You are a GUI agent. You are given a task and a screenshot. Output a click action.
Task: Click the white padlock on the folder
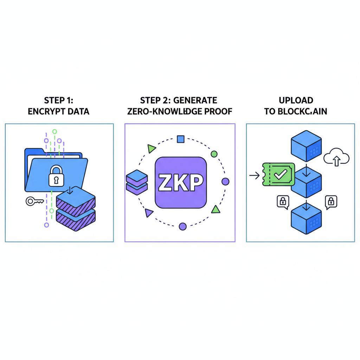(56, 176)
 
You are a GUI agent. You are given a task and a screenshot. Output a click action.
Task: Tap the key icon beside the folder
(34, 201)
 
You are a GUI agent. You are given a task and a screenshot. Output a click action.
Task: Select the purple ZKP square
(181, 182)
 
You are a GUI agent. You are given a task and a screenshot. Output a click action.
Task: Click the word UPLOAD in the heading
(296, 101)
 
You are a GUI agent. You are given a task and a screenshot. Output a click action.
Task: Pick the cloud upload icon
(336, 157)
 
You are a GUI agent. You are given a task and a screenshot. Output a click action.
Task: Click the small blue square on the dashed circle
(181, 139)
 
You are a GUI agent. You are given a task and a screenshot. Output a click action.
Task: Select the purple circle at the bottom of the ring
(182, 226)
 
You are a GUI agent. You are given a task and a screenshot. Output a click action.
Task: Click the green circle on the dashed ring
(214, 154)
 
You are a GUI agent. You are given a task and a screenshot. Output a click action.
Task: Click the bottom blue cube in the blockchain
(306, 218)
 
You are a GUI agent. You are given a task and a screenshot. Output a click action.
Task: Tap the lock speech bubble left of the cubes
(283, 202)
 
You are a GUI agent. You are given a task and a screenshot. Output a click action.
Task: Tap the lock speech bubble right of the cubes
(331, 202)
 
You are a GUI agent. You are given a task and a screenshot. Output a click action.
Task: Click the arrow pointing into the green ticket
(254, 175)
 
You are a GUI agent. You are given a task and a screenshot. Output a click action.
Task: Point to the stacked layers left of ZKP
(136, 182)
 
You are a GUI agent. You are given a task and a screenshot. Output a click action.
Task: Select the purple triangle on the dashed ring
(149, 213)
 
